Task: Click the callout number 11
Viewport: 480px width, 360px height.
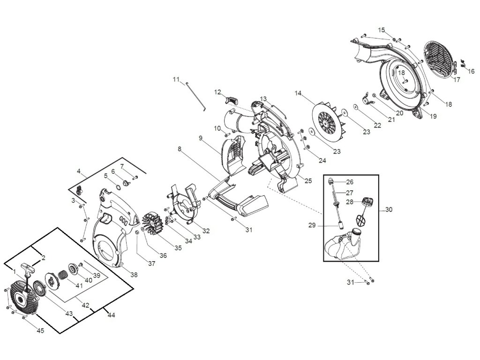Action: pos(176,79)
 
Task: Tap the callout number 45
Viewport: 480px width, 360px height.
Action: pos(40,330)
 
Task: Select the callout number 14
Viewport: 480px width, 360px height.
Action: pos(298,93)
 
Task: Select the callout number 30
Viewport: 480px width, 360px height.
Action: pos(388,210)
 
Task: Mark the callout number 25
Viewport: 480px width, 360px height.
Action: pos(307,180)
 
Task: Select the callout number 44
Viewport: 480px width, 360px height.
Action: pos(112,315)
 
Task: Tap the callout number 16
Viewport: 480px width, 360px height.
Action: pos(471,71)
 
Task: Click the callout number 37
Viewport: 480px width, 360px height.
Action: pos(151,263)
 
